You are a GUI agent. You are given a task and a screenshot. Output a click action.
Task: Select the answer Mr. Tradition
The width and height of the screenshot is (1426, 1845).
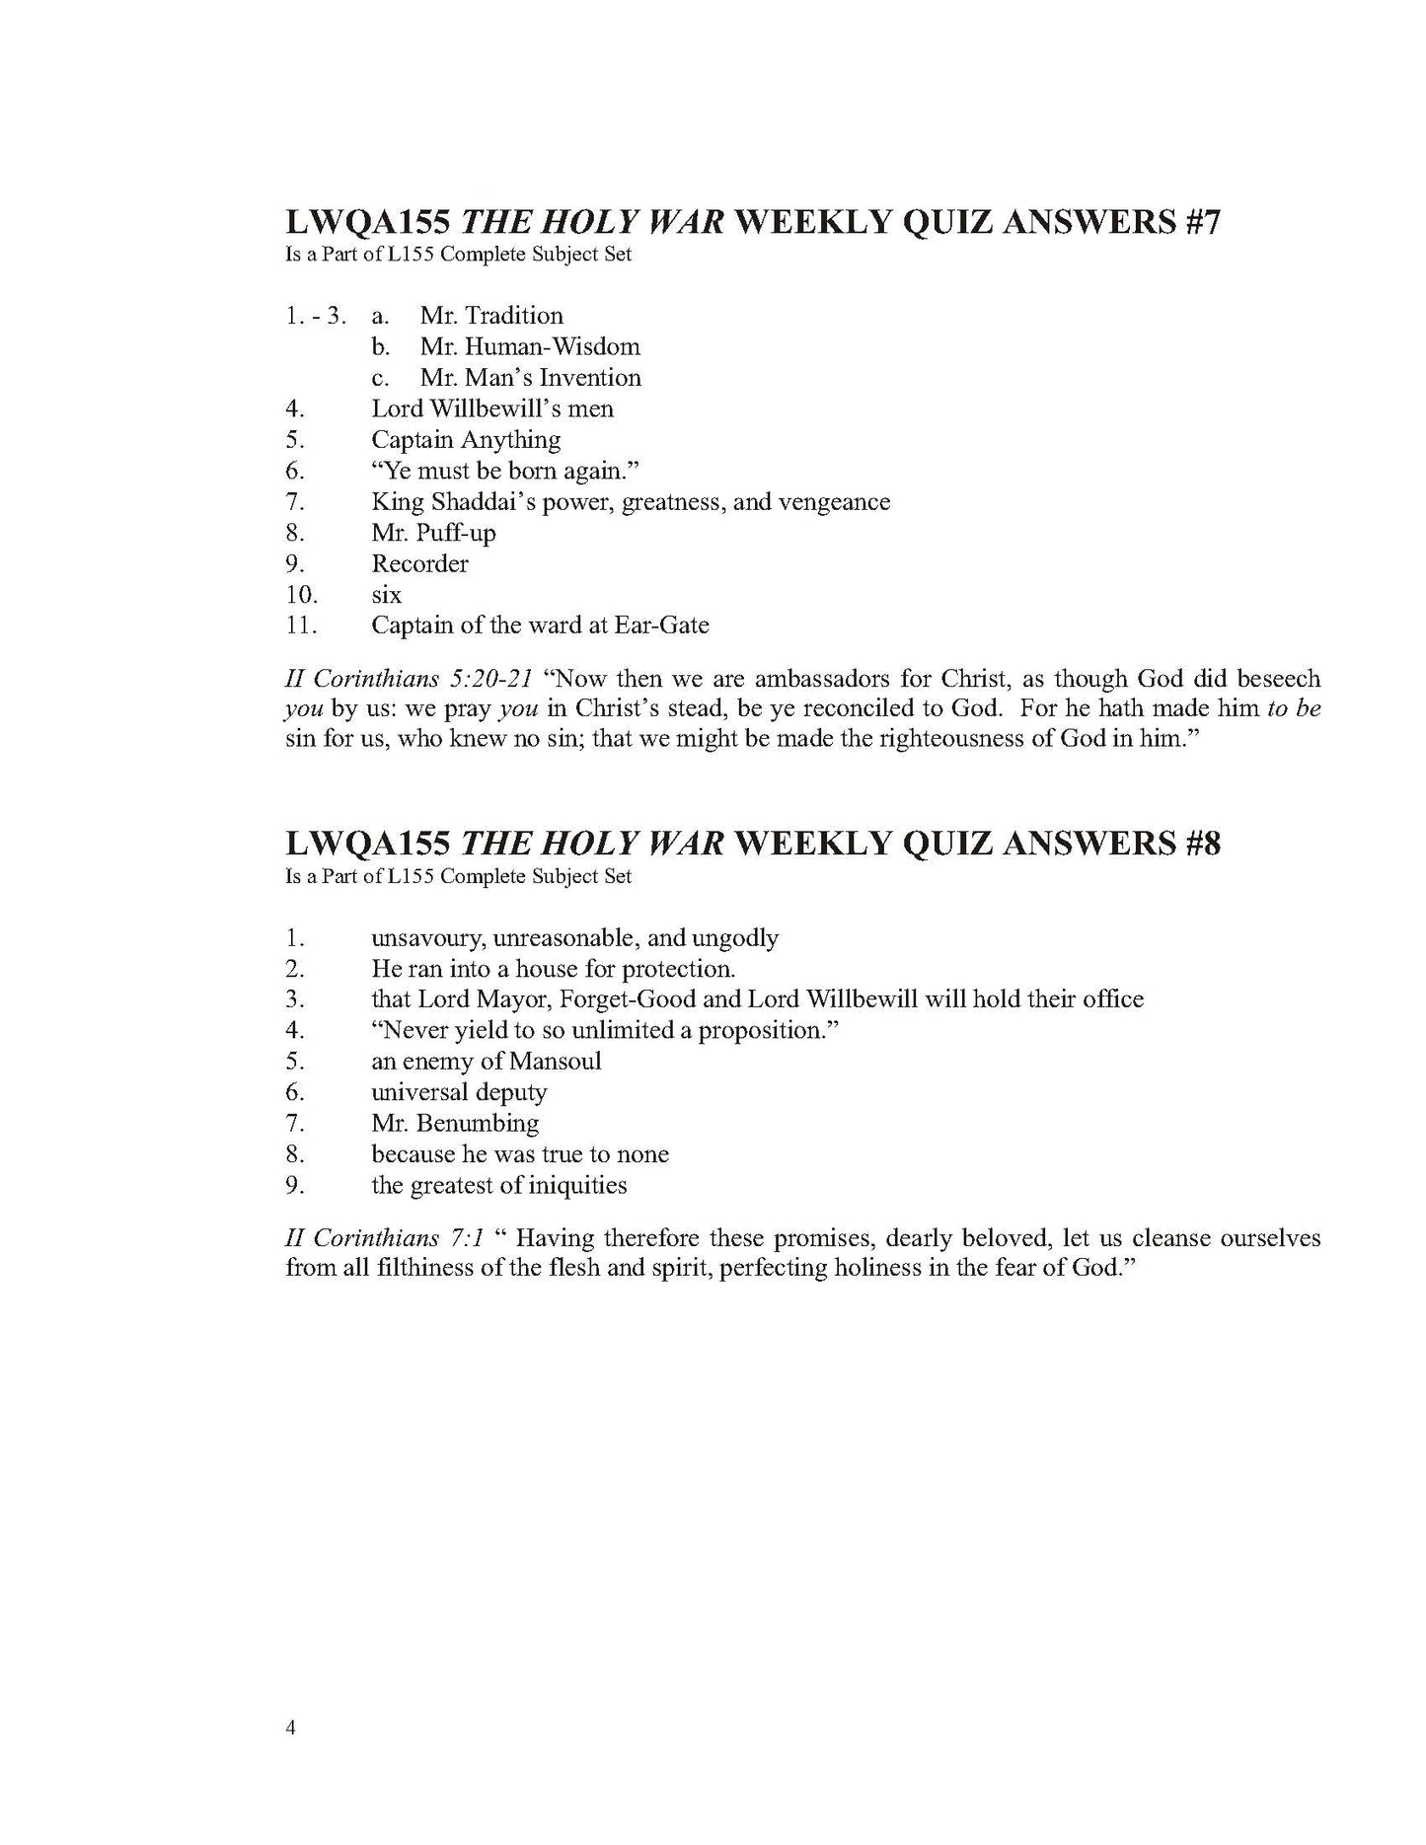click(491, 316)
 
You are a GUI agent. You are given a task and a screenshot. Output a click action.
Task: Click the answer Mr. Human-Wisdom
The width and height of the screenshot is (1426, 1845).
click(530, 346)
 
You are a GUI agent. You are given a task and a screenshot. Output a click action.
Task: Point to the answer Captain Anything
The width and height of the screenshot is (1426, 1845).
click(466, 440)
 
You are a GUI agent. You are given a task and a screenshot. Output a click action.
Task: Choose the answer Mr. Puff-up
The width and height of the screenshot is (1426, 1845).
click(433, 533)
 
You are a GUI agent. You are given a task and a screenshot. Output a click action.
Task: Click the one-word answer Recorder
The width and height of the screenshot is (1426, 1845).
click(419, 564)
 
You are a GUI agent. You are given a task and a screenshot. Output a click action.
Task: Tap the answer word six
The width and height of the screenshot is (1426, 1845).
click(386, 595)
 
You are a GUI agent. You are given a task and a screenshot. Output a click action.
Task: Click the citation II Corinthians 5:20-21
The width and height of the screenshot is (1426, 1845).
click(409, 680)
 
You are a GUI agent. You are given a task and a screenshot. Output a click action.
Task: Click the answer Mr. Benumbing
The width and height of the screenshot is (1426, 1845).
click(455, 1124)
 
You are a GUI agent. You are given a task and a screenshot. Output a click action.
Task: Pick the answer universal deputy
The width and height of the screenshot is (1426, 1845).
click(459, 1092)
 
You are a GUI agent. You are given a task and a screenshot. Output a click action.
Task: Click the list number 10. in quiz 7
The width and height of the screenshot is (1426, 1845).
click(301, 595)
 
